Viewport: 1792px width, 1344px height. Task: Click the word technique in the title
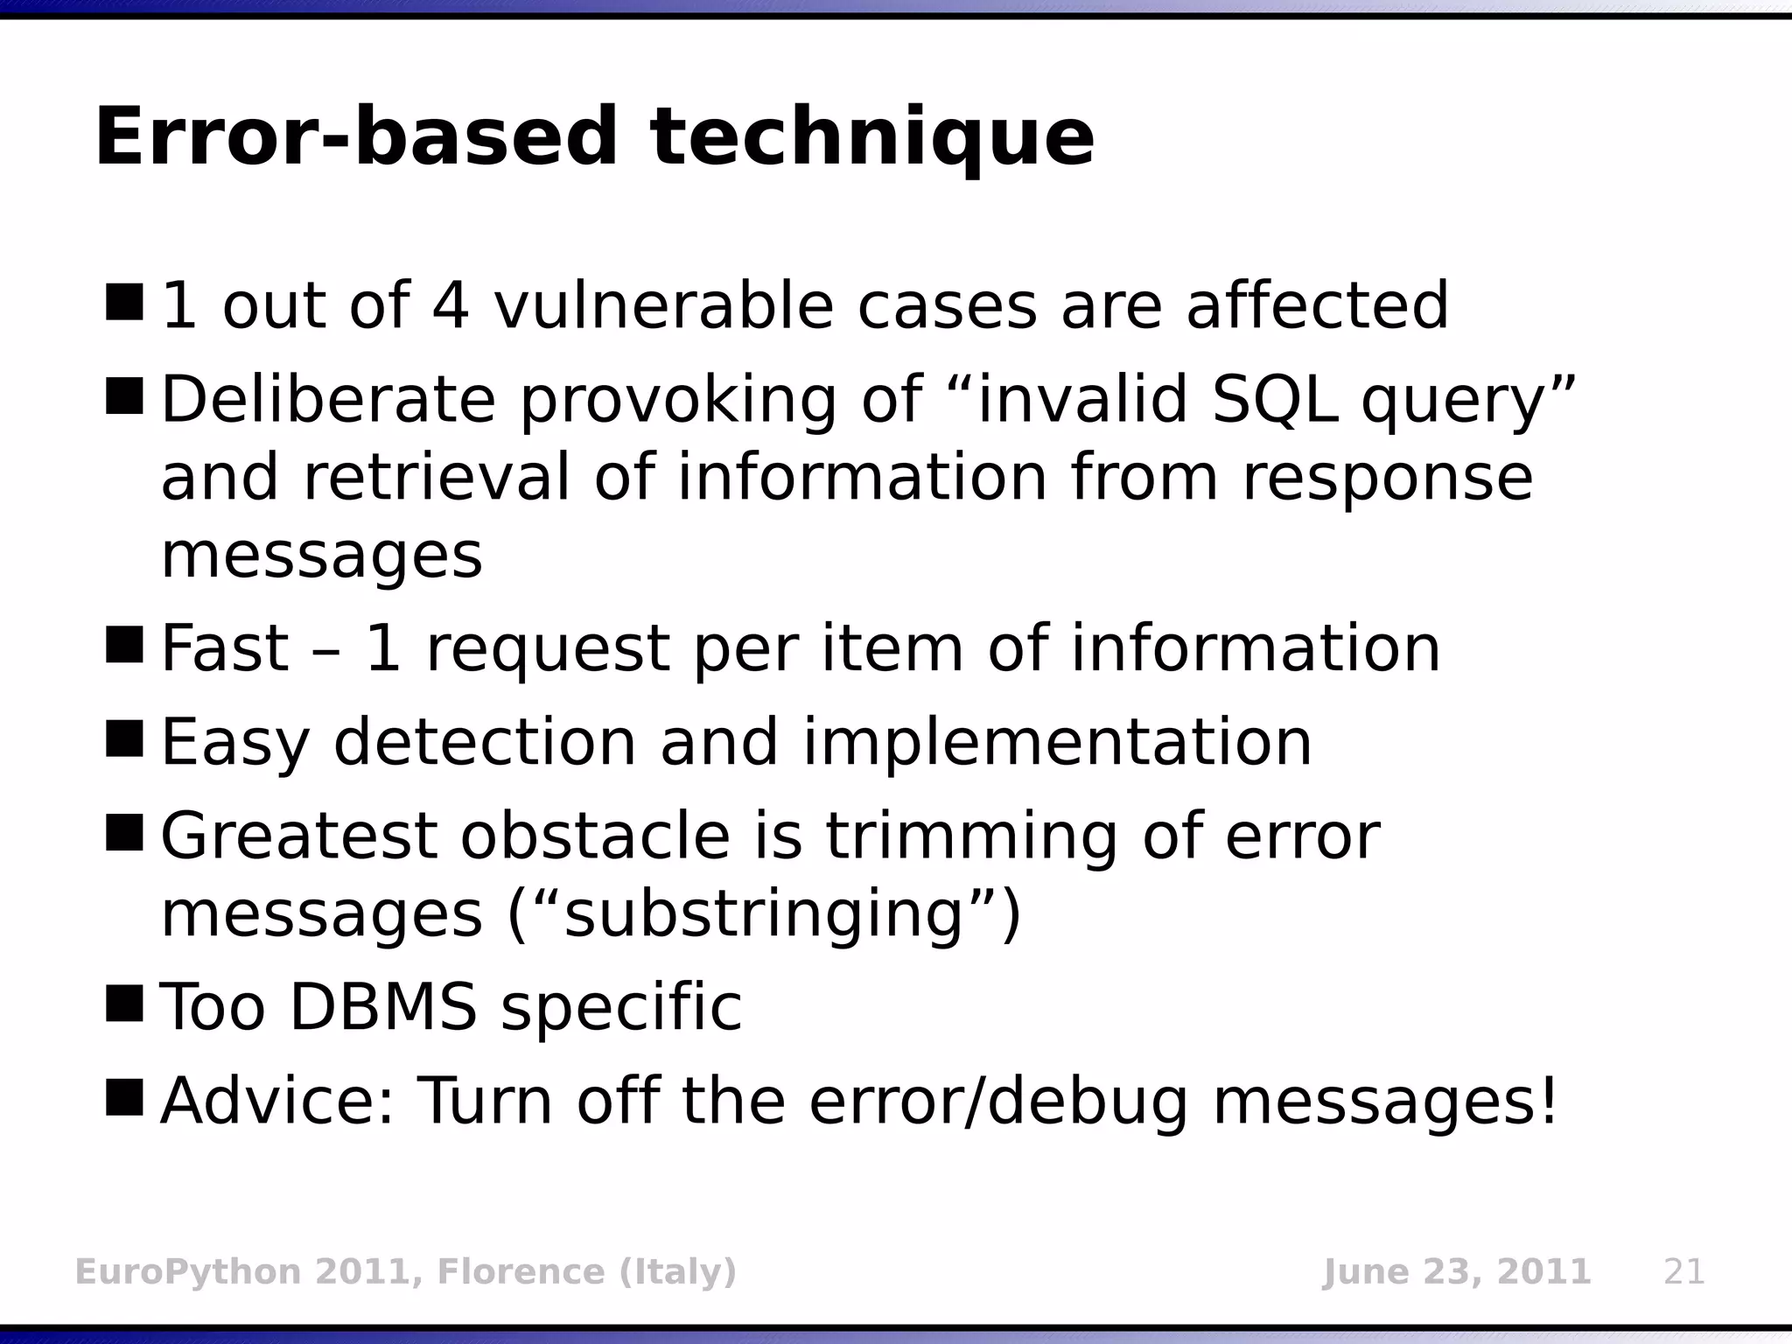[x=871, y=138]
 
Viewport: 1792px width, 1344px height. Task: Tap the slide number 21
[x=1684, y=1271]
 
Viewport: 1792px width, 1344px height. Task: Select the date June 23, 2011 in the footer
[x=1456, y=1271]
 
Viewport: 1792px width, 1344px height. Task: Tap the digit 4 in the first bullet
[x=451, y=305]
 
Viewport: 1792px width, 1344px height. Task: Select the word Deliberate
[x=328, y=400]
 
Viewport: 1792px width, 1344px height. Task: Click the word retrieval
[x=437, y=478]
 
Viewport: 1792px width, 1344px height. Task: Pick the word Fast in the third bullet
[x=224, y=648]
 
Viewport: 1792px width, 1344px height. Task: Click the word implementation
[x=1056, y=743]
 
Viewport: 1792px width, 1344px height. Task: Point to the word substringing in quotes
[x=763, y=915]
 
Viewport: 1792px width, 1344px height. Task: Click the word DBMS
[x=382, y=1007]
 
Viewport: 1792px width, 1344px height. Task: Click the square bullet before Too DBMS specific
[x=123, y=1004]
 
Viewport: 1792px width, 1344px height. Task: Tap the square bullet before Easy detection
[x=123, y=739]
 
